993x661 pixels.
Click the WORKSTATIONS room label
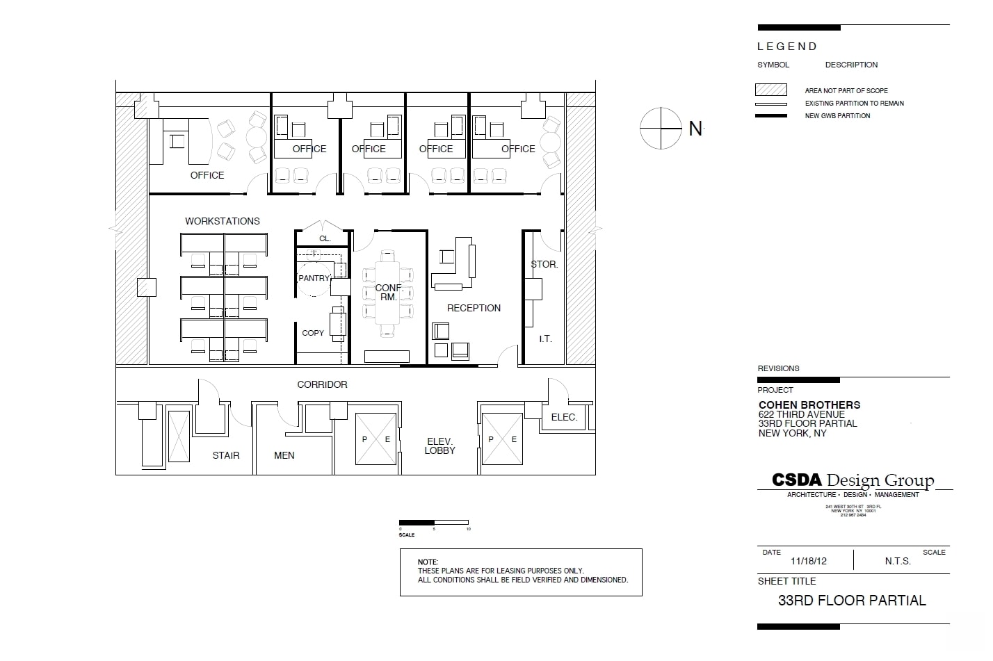coord(222,221)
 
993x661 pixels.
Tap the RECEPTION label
coord(474,308)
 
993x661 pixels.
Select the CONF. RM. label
coord(388,293)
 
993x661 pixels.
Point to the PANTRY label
coord(314,278)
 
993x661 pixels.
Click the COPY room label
coord(313,333)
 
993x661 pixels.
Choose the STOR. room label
coord(544,264)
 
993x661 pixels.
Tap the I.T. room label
coord(545,338)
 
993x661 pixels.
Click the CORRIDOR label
coord(322,384)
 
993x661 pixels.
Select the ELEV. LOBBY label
coord(439,446)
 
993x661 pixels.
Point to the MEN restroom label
coord(284,455)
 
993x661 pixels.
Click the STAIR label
coord(226,455)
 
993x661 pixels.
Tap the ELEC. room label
coord(564,417)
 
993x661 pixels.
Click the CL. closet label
coord(325,238)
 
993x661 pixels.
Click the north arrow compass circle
coord(661,129)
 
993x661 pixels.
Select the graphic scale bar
coord(434,523)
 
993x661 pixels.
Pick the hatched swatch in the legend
coord(771,90)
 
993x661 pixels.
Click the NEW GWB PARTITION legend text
coord(837,116)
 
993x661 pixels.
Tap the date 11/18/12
coord(808,561)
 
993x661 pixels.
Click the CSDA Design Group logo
coord(853,480)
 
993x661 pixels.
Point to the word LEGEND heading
coord(786,47)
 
